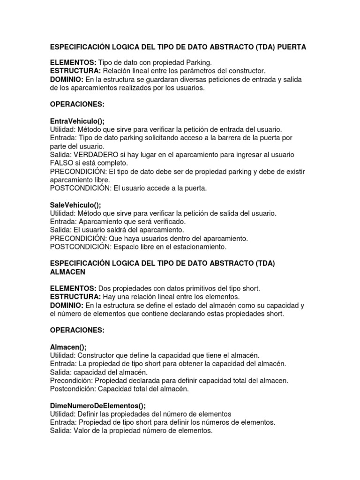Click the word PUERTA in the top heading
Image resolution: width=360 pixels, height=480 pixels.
(291, 47)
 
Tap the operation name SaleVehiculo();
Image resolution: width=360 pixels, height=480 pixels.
(75, 205)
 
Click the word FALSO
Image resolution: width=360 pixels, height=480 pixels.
(61, 163)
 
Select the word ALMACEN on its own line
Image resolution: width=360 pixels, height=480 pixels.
(68, 272)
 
